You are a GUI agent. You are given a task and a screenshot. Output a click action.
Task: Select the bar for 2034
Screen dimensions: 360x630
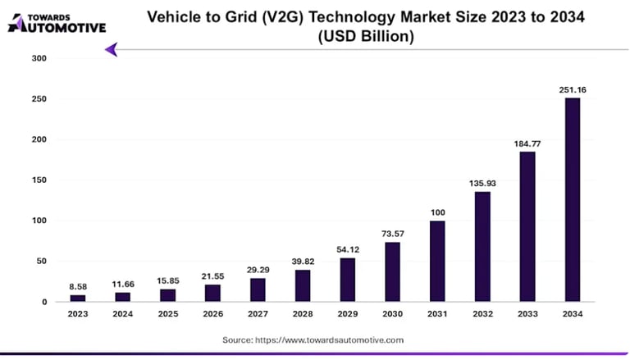click(x=572, y=200)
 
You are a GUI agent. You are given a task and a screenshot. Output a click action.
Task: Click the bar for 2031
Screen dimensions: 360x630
click(x=437, y=262)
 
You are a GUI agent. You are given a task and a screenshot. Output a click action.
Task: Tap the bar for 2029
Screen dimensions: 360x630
click(x=348, y=280)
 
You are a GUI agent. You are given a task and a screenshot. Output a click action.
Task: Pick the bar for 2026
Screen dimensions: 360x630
click(x=212, y=293)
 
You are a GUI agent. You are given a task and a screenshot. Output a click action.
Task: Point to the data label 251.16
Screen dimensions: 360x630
click(x=572, y=89)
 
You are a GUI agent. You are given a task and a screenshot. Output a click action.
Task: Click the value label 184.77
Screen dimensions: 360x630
click(x=527, y=144)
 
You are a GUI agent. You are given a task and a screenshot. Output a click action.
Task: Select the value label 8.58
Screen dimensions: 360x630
click(x=78, y=286)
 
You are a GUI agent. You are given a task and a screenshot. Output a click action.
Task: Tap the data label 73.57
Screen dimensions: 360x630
click(x=392, y=234)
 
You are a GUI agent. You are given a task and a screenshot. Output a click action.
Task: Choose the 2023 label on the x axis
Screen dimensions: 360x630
click(x=78, y=314)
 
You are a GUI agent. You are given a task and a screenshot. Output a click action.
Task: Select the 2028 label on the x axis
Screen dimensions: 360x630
click(x=303, y=314)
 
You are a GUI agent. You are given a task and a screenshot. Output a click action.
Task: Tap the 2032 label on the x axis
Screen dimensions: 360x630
click(x=482, y=314)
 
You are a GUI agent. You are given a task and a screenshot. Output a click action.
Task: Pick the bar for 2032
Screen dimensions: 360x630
click(x=482, y=247)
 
